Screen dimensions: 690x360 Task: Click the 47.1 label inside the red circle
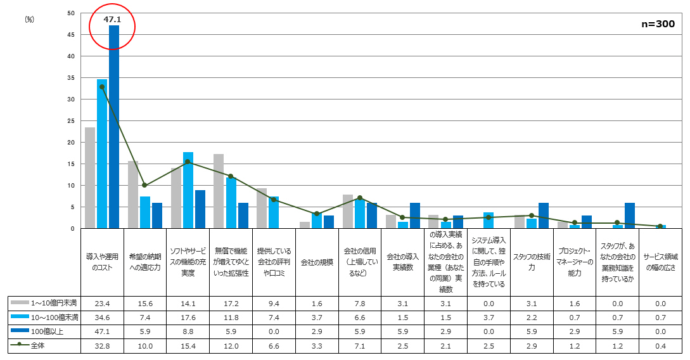pyautogui.click(x=112, y=20)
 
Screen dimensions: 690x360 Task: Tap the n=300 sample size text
pyautogui.click(x=658, y=23)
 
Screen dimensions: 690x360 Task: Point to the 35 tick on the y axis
pyautogui.click(x=71, y=78)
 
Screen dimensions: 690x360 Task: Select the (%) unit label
pyautogui.click(x=29, y=20)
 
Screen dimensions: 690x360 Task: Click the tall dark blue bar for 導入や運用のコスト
pyautogui.click(x=114, y=127)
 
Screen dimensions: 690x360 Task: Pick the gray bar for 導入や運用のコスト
pyautogui.click(x=90, y=178)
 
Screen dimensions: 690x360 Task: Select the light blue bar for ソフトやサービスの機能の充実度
pyautogui.click(x=188, y=190)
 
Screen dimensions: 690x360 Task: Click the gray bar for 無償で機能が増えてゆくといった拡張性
pyautogui.click(x=219, y=191)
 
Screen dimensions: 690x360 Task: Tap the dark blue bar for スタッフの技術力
pyautogui.click(x=544, y=215)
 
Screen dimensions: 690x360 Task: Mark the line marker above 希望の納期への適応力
pyautogui.click(x=144, y=185)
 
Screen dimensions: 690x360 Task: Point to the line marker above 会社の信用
pyautogui.click(x=360, y=198)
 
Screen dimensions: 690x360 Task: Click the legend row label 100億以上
pyautogui.click(x=47, y=331)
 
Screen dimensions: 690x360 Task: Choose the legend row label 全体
pyautogui.click(x=38, y=345)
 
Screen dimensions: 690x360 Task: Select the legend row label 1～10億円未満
pyautogui.click(x=54, y=303)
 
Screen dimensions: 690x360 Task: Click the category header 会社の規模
pyautogui.click(x=317, y=262)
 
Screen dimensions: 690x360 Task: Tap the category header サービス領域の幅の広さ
pyautogui.click(x=660, y=262)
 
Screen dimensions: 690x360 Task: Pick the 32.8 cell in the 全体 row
pyautogui.click(x=102, y=346)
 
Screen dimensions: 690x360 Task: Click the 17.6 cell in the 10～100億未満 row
pyautogui.click(x=188, y=318)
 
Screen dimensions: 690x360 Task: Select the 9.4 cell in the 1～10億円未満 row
pyautogui.click(x=274, y=303)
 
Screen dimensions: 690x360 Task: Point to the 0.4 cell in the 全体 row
pyautogui.click(x=660, y=346)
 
